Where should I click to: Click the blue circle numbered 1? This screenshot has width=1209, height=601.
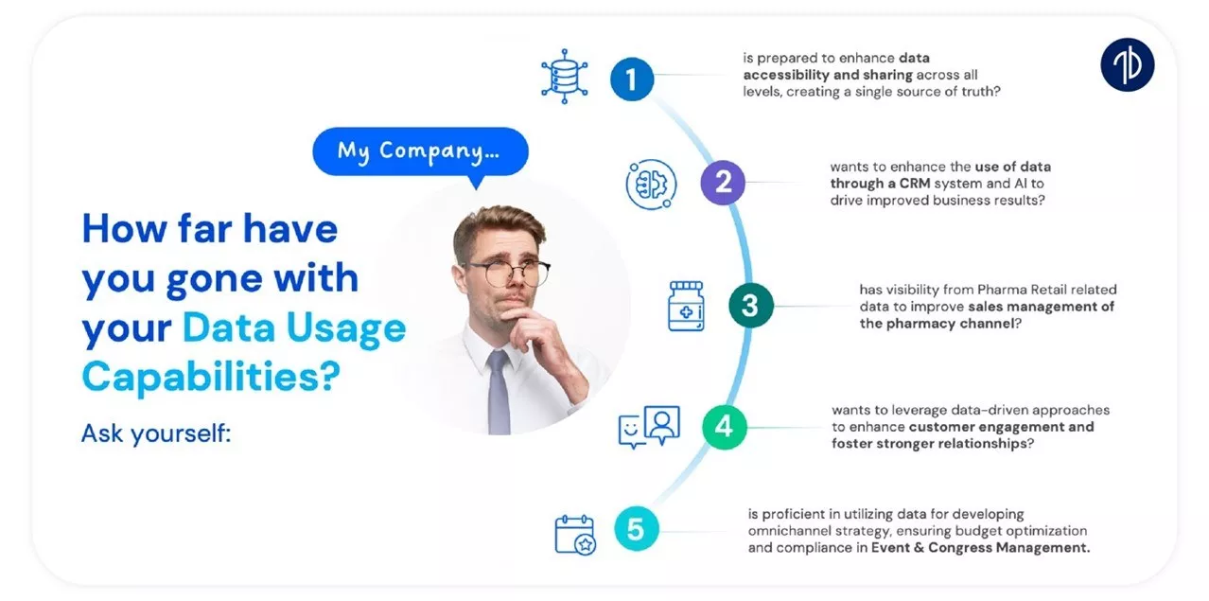coord(632,80)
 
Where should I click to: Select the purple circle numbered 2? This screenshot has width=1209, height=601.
coord(723,183)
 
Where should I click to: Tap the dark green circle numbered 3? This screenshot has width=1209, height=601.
coord(751,305)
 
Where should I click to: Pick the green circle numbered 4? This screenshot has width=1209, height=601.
coord(725,427)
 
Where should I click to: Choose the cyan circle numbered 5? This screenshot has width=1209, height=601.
coord(637,528)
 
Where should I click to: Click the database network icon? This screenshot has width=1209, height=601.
coord(565,76)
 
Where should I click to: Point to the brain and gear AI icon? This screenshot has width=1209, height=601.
coord(651,185)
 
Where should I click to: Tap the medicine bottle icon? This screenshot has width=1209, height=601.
coord(686,306)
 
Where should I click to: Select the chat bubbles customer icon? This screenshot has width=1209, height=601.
coord(649,427)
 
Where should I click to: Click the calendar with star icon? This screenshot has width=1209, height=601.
coord(575,535)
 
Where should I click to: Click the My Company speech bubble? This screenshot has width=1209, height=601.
coord(420,151)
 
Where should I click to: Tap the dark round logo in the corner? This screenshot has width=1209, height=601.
coord(1128,64)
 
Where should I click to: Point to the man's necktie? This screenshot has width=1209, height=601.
coord(499,392)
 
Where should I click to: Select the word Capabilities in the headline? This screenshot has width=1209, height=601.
coord(211,377)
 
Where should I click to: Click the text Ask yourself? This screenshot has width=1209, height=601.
coord(156,433)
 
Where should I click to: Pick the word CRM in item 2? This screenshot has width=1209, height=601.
coord(914,184)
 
